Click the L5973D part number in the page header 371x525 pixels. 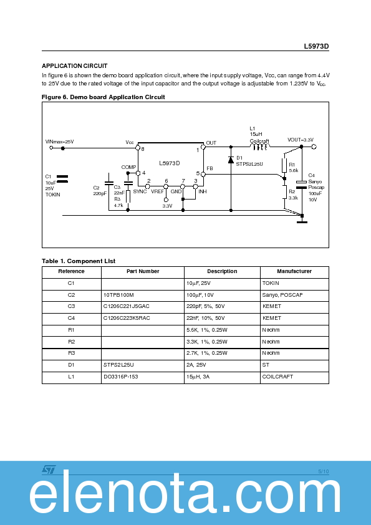tap(316, 47)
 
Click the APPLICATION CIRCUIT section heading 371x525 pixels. tap(74, 66)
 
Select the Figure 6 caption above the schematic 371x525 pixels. tap(103, 97)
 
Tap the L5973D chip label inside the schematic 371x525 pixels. tap(169, 163)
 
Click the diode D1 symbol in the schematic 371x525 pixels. tap(231, 160)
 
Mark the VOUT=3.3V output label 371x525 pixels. tap(300, 140)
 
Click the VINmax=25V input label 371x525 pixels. tap(60, 142)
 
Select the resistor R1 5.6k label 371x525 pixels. tap(294, 167)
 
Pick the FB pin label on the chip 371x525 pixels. tap(210, 168)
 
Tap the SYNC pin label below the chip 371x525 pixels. tap(140, 191)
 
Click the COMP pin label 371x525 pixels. tap(128, 167)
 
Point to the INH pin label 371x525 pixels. tap(202, 191)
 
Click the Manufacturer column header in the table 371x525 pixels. tap(294, 271)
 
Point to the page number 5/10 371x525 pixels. tap(323, 471)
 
